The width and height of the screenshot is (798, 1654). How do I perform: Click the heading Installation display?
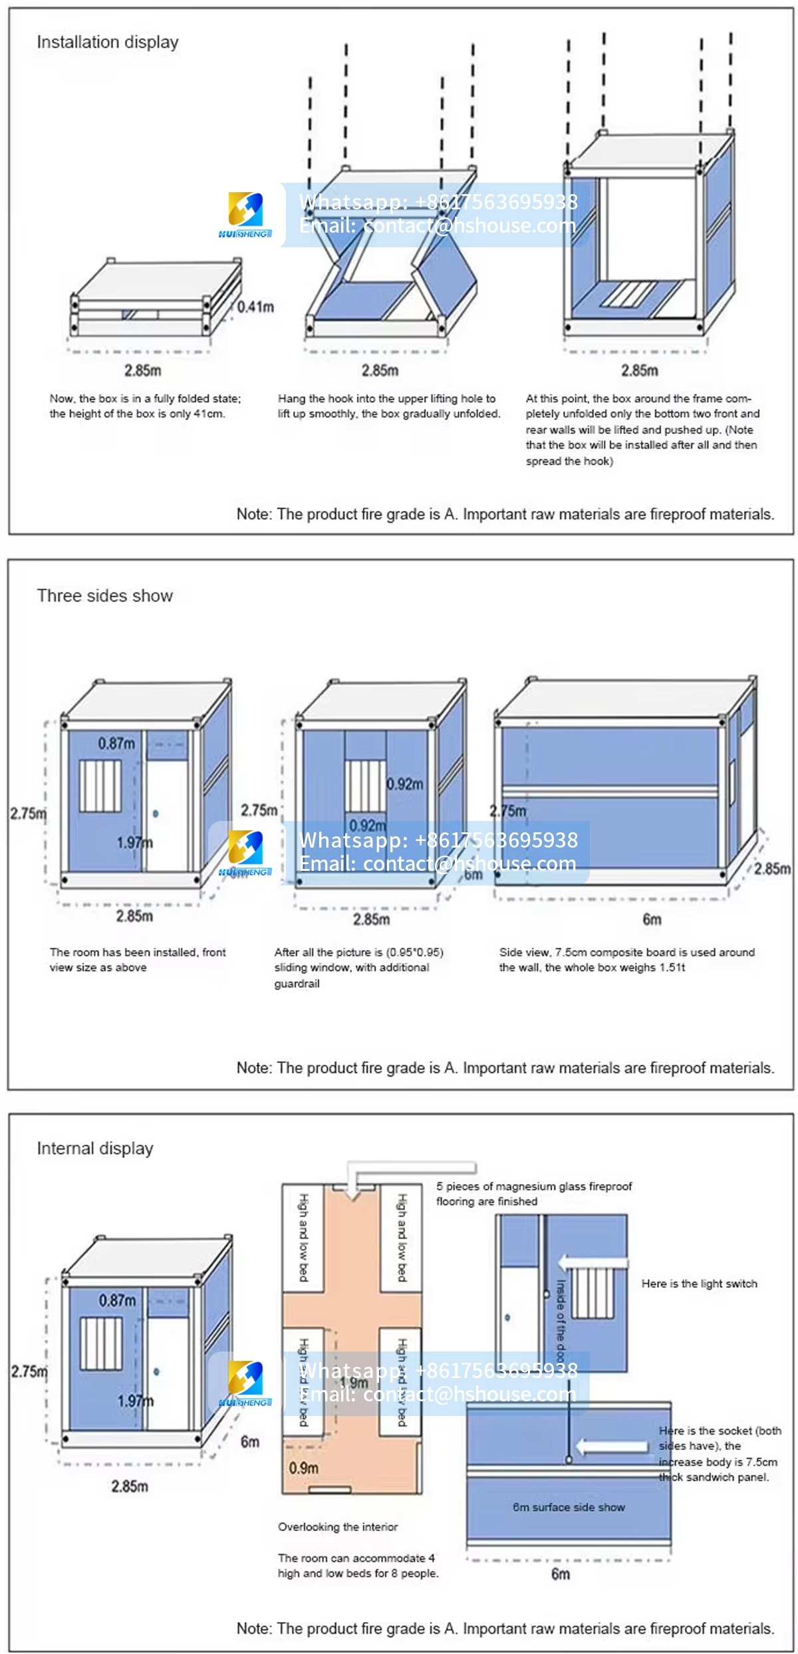click(107, 43)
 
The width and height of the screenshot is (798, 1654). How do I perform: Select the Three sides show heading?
click(104, 596)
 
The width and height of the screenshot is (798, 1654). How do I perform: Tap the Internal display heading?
click(95, 1148)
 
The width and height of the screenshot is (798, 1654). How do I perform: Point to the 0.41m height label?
click(255, 306)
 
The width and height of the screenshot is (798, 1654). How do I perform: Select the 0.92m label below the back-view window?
click(368, 826)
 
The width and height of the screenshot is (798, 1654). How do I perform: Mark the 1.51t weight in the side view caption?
click(672, 967)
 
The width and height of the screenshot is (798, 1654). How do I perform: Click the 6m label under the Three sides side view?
click(652, 919)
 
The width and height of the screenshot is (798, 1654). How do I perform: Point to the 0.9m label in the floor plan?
click(303, 1467)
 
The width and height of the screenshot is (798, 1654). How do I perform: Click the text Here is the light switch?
click(699, 1284)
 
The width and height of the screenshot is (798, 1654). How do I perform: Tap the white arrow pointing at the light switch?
click(592, 1262)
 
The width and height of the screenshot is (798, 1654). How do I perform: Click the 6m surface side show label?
click(569, 1507)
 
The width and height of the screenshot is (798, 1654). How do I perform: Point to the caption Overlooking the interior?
click(338, 1527)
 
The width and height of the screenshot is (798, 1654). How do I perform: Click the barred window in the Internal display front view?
click(101, 1343)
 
